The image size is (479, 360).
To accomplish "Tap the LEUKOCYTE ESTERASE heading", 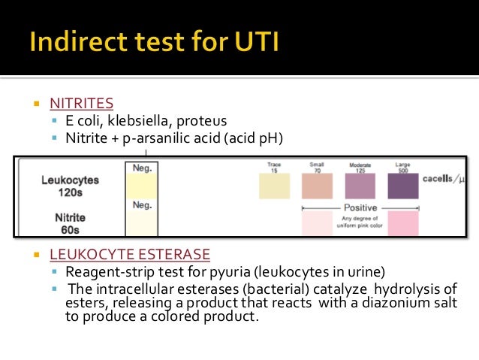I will click(129, 254).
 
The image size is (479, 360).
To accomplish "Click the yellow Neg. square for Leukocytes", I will click(142, 185).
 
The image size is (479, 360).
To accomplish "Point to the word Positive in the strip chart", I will click(360, 207).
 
